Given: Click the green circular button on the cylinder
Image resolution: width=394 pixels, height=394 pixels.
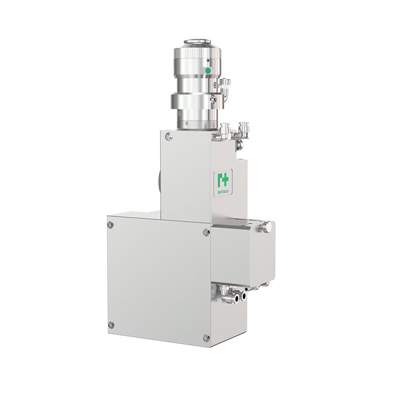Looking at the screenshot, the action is [x=207, y=71].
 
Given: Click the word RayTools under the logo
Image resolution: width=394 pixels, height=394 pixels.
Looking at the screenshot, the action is [x=223, y=192].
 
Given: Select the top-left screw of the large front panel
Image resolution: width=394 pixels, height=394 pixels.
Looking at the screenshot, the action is [x=110, y=225].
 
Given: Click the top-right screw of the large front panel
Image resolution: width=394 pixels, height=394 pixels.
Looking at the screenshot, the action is [x=206, y=232].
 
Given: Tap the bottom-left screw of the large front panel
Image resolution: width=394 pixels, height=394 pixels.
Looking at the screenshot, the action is [x=111, y=325].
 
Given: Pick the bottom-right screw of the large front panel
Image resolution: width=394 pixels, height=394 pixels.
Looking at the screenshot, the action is [x=206, y=337].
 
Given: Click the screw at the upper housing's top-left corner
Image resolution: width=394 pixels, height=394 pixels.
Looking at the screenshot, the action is [x=169, y=136].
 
